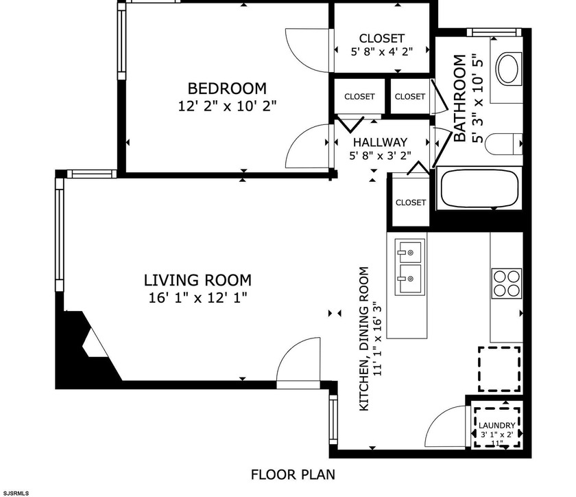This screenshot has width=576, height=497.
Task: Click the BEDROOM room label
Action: (x=227, y=89)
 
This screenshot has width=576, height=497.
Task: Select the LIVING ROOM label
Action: (x=197, y=280)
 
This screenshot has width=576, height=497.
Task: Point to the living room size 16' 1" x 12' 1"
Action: (x=197, y=297)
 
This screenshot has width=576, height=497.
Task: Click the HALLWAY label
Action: (x=381, y=142)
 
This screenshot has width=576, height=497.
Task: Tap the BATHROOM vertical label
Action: (x=459, y=99)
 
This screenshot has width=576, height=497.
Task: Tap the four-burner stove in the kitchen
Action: (x=506, y=283)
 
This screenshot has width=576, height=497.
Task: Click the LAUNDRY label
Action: (x=496, y=426)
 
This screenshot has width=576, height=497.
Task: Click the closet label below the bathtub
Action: (x=410, y=203)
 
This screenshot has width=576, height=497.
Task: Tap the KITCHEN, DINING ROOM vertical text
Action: (x=370, y=339)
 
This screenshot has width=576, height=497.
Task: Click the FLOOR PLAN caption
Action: (x=293, y=474)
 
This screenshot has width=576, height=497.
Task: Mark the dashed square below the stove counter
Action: (x=499, y=369)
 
